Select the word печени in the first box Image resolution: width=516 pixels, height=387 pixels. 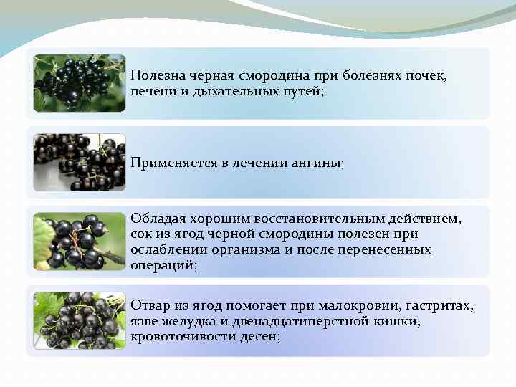pos(151,92)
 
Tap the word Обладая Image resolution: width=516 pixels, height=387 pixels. pos(153,218)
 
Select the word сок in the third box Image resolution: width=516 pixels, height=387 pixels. pos(140,234)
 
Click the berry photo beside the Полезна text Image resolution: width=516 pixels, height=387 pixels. pos(80,83)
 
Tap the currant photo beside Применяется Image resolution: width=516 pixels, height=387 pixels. pos(80,162)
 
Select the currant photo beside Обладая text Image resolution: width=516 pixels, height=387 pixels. pos(80,242)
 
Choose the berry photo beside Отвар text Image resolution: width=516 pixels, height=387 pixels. pos(80,320)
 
